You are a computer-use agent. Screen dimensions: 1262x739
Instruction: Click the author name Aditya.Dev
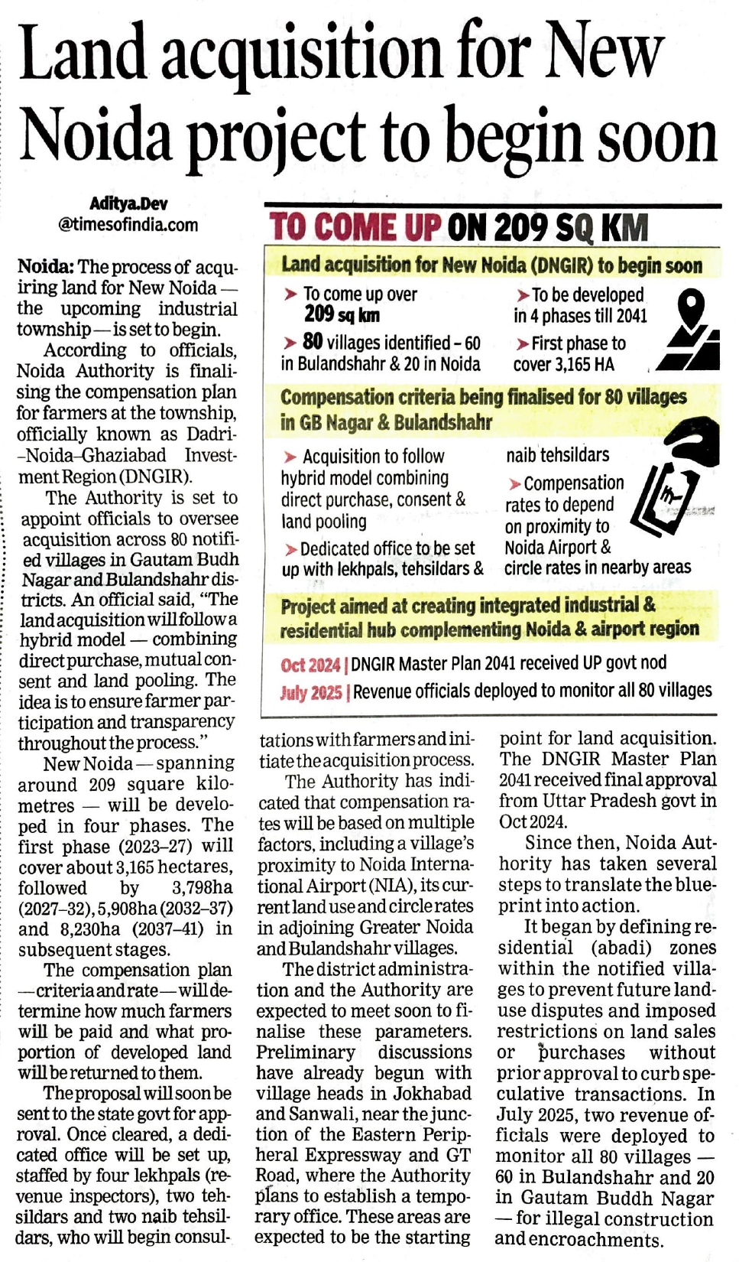click(128, 203)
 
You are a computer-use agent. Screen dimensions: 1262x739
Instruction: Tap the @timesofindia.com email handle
click(128, 225)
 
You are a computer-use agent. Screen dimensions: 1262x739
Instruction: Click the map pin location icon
click(690, 309)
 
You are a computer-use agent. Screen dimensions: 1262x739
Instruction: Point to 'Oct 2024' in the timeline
click(310, 665)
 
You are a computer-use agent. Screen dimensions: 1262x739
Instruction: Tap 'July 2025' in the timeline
click(310, 693)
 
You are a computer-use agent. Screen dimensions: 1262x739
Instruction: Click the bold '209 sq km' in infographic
click(342, 314)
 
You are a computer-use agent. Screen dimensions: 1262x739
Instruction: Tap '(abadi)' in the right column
click(621, 948)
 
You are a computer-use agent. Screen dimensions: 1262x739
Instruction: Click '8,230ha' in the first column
click(90, 929)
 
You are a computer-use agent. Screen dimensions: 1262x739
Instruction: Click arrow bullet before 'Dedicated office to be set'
click(291, 550)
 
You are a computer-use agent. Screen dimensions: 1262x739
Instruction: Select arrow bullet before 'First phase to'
click(523, 344)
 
